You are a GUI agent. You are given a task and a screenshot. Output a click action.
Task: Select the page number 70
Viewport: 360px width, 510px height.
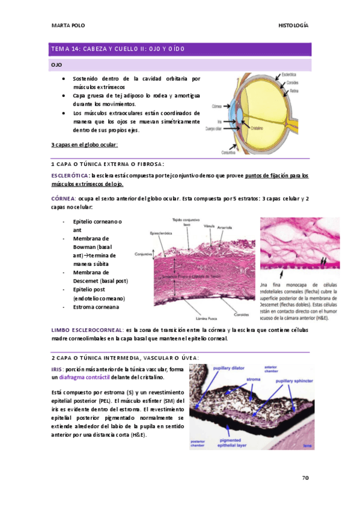pyautogui.click(x=305, y=478)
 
